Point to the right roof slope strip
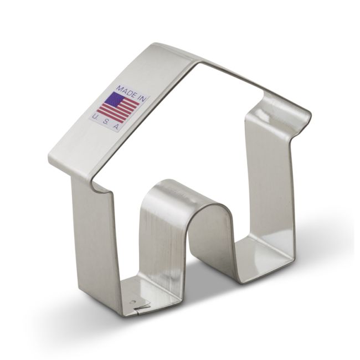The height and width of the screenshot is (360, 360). coord(249,83)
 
